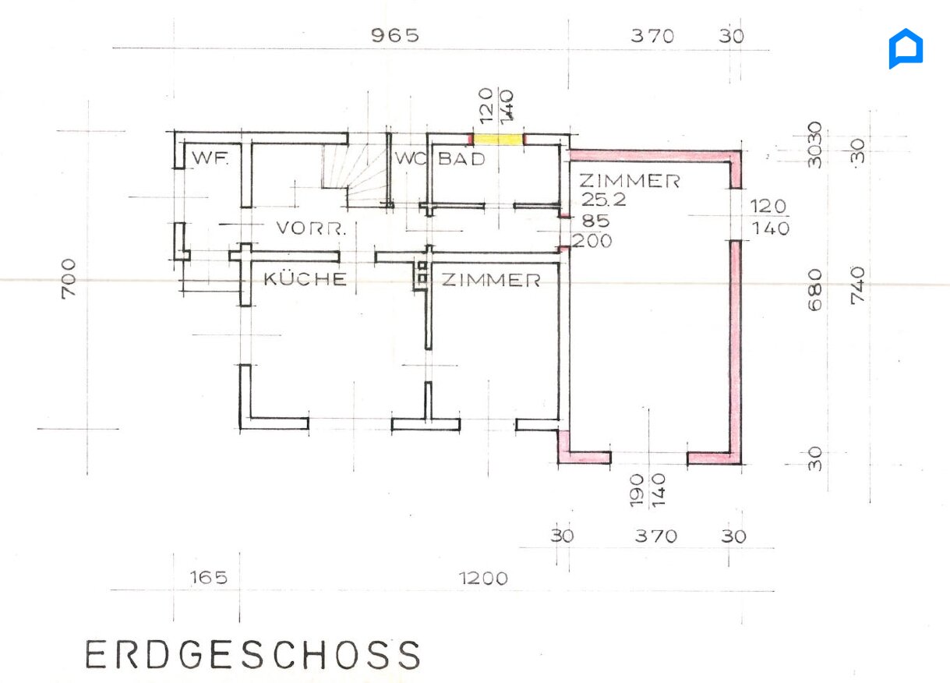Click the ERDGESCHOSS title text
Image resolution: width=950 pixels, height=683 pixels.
[253, 656]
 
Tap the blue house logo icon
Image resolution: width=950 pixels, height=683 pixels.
[906, 49]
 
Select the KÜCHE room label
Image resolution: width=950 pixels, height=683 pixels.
[305, 279]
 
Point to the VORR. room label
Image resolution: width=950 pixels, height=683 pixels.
[310, 229]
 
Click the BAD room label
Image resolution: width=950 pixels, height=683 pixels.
[461, 159]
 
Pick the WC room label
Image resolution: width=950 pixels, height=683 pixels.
[408, 159]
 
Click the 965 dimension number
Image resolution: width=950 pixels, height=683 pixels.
[394, 36]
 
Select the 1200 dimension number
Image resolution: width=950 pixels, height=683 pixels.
[483, 579]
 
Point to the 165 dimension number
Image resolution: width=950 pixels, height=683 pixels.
[209, 578]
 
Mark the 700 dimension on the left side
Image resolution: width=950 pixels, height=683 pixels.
[69, 277]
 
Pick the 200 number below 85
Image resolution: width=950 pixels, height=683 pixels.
[592, 242]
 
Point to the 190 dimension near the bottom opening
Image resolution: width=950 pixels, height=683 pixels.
[637, 490]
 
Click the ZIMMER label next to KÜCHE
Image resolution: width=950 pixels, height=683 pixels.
[491, 281]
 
